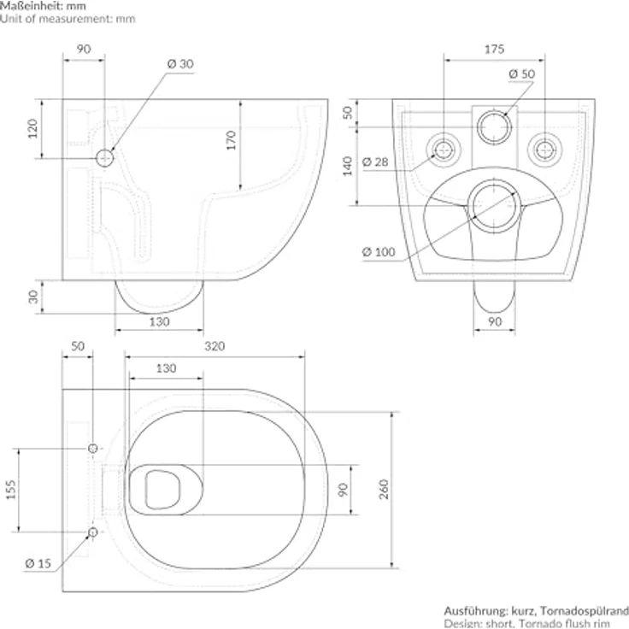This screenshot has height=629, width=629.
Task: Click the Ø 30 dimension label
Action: coord(180,64)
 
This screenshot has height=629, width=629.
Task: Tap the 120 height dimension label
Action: coord(33,128)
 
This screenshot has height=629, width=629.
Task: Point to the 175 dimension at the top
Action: coord(494,49)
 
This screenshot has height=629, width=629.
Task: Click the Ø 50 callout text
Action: coord(521,74)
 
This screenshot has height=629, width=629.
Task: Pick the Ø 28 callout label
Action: coord(376,162)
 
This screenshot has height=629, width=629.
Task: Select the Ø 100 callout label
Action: coord(377,251)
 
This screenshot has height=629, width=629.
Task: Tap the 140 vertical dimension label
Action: coord(348,165)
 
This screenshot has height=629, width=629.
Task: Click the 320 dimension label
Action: coord(215,346)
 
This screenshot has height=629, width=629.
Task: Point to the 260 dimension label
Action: coord(384,489)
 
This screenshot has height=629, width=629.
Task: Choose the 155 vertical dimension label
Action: coord(13,491)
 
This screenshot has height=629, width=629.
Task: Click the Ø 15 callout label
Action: coord(38,563)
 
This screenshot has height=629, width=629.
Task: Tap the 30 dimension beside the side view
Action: coord(33,296)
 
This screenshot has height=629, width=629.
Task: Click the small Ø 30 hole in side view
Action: coord(104,157)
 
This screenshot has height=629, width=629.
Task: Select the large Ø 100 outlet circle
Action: coord(493,205)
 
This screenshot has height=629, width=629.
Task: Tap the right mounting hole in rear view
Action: coord(543,149)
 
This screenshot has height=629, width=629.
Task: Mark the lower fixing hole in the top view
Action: coord(92,532)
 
